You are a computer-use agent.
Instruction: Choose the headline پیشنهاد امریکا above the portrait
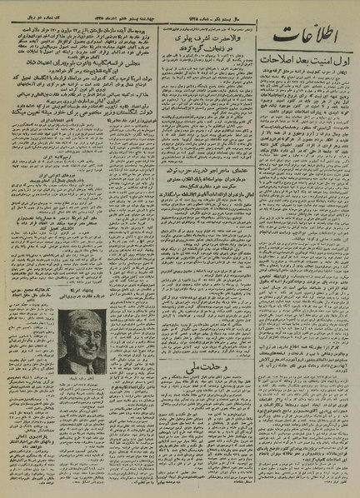(x=87, y=284)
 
